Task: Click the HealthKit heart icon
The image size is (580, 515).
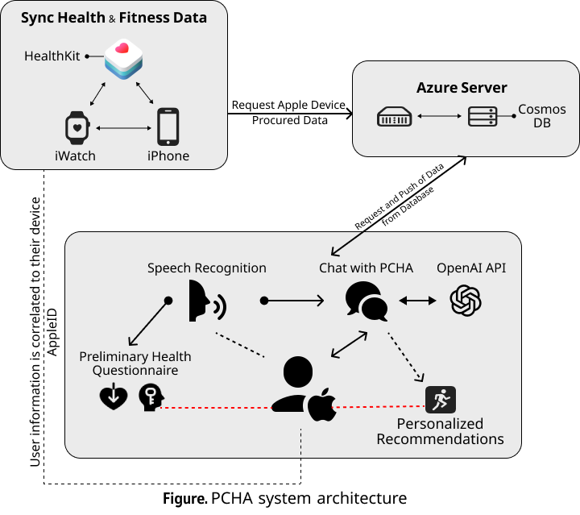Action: click(x=123, y=59)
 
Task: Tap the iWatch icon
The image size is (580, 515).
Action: click(x=76, y=127)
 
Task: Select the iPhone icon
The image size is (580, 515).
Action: click(x=168, y=127)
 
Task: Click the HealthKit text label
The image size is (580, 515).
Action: click(x=52, y=56)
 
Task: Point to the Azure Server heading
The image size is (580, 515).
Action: click(x=462, y=88)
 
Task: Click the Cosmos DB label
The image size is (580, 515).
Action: click(x=541, y=117)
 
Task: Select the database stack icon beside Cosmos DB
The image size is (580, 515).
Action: click(x=482, y=118)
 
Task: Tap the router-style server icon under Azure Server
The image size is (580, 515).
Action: click(x=395, y=118)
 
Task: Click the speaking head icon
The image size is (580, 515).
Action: click(x=207, y=301)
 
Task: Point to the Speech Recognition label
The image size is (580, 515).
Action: click(x=206, y=268)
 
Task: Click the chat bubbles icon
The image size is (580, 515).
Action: click(x=367, y=301)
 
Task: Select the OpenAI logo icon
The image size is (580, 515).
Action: click(x=466, y=301)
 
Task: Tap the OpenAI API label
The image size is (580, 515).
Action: click(x=471, y=268)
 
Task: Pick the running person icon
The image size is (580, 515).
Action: click(x=440, y=399)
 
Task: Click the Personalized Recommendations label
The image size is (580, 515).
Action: click(x=440, y=431)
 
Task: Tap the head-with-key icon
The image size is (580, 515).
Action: click(x=151, y=397)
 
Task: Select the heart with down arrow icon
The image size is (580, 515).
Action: click(x=113, y=397)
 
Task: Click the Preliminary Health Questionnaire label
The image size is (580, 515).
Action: click(x=135, y=363)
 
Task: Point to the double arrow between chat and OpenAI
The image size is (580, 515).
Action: click(x=416, y=301)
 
